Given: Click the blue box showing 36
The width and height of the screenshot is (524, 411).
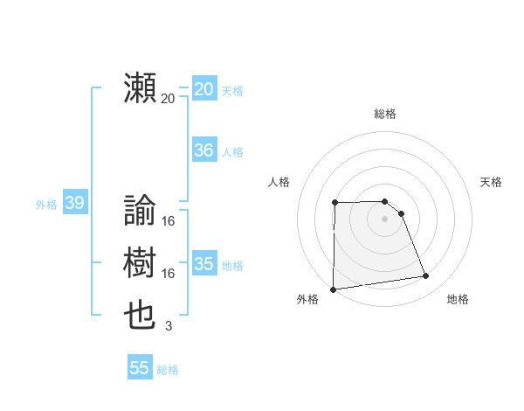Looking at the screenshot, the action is pos(203,150).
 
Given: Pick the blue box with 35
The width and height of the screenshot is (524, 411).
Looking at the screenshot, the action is pos(203,264).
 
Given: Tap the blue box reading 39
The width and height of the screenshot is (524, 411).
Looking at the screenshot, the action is pos(74,204).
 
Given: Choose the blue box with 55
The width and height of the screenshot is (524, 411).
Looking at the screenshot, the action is pos(140,368).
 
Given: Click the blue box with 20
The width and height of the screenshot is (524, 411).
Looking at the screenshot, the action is pos(203,89).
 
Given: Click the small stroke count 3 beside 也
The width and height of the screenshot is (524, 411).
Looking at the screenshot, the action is pos(169,326).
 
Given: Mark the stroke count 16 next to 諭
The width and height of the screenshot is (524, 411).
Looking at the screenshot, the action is pos(169,221).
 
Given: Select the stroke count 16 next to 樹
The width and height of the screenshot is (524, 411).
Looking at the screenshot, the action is pos(169,274).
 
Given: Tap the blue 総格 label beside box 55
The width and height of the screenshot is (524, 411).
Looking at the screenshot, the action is pos(168,370).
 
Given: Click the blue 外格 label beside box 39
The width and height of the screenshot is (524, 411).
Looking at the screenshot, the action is pos(46,205).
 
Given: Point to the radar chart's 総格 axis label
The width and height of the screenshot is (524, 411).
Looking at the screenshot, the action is pos(385,114).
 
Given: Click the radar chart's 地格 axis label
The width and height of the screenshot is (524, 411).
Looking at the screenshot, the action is pos(458,299).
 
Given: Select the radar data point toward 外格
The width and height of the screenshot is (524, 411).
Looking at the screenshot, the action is pos(334,289).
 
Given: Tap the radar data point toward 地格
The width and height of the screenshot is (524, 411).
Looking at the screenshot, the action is pos(426,276).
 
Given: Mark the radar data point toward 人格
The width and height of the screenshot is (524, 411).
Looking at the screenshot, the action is pos(335,203).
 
